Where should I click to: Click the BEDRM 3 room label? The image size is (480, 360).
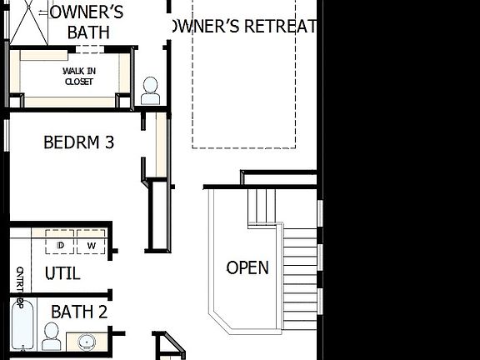tap(78, 142)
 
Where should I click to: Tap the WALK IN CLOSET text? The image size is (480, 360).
tap(78, 77)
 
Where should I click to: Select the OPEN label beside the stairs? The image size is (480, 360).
tap(247, 267)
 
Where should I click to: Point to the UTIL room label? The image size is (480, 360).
tap(62, 273)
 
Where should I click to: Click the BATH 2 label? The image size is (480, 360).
tap(79, 312)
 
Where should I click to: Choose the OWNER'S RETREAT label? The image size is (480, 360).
tap(242, 27)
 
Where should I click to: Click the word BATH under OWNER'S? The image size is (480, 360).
tap(88, 32)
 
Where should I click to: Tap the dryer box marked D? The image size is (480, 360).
tap(61, 245)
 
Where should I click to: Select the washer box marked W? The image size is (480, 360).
tap(91, 245)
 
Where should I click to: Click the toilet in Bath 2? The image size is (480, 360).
tap(52, 337)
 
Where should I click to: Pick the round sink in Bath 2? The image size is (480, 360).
tap(86, 342)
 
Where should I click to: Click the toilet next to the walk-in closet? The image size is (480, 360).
tap(150, 90)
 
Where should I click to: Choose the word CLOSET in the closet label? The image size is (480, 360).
tap(79, 82)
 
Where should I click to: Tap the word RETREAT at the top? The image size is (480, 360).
tap(277, 27)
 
